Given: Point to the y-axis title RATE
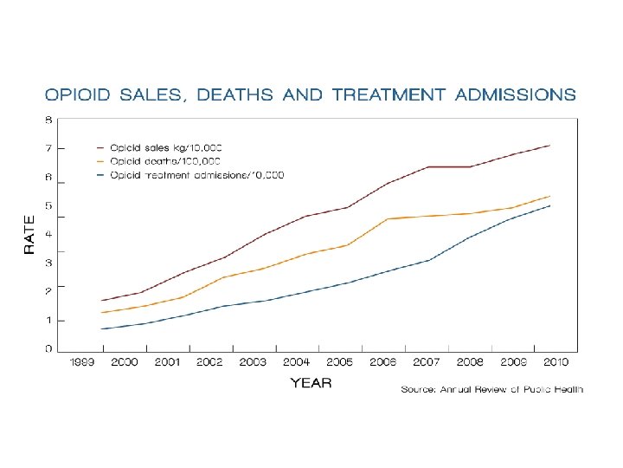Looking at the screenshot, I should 29,234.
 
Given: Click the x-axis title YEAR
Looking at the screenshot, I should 311,382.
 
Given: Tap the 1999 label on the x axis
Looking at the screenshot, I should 82,362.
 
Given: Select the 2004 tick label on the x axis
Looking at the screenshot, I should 296,362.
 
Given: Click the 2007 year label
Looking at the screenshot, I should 426,362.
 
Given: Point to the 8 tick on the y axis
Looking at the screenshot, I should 48,119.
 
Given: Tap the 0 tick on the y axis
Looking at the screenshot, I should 48,348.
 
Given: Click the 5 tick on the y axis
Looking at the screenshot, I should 48,205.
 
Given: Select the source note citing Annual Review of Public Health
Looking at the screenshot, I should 491,390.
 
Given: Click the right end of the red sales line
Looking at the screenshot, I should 550,145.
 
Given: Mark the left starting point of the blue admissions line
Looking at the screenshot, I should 101,329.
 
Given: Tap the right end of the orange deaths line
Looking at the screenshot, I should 550,196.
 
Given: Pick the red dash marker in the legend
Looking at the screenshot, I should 101,147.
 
